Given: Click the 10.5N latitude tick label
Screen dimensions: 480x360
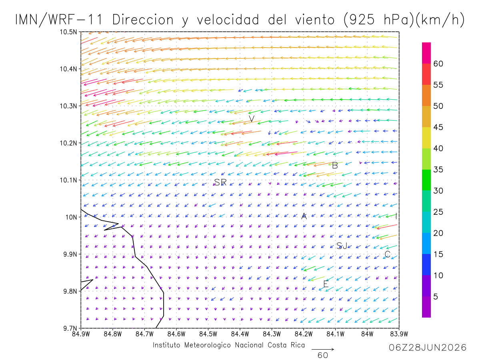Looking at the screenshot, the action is (68, 32).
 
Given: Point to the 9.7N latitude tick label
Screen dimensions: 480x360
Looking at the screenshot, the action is (70, 328).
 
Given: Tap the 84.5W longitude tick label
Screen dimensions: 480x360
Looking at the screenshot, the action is (208, 334).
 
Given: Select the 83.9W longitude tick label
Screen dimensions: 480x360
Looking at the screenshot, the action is (399, 334).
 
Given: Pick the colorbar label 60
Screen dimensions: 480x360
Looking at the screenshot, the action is (438, 64).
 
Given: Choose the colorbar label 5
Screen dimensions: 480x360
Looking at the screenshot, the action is (435, 297).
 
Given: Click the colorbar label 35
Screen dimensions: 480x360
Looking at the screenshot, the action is (438, 169).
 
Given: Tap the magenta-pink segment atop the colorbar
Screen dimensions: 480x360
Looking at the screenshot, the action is (426, 53).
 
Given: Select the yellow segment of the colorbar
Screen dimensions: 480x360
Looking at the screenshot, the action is (426, 138).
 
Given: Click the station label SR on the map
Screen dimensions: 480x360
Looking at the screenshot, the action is (220, 182).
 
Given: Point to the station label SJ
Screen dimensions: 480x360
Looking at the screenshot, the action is (342, 246).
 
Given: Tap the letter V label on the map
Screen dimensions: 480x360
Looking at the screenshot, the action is (252, 119).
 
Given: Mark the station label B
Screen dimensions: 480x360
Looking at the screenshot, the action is (335, 166).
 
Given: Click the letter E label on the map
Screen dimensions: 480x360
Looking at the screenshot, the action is (326, 284).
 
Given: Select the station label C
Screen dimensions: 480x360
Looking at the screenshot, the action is (387, 254).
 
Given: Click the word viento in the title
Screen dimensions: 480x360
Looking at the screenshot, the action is (315, 20).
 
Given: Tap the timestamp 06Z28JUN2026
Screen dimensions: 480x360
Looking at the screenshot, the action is (428, 348).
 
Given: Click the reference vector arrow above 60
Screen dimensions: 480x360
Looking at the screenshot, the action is (322, 349).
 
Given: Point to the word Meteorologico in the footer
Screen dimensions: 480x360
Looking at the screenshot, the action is (207, 345).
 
